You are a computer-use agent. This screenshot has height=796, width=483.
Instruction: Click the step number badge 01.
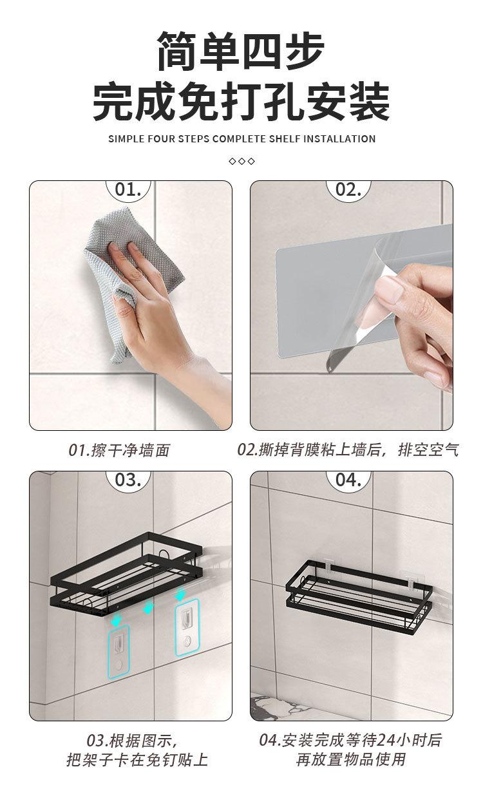tap(128, 189)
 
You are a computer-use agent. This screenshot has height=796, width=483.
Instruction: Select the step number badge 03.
tap(128, 480)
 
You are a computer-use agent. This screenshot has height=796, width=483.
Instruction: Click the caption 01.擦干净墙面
tap(119, 450)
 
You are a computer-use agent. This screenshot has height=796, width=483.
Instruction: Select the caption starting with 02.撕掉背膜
tap(348, 450)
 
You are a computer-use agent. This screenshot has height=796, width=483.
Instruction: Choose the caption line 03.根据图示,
tap(131, 740)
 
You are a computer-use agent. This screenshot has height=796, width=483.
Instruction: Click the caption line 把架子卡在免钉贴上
tap(137, 760)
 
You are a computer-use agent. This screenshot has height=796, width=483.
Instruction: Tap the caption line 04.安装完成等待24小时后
tap(350, 740)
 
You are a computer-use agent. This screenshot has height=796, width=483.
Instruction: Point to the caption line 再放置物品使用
tap(351, 760)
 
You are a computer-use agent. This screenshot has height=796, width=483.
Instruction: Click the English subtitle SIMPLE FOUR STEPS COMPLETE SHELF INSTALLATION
tap(241, 138)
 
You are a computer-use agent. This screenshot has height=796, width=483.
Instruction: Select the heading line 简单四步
tap(241, 52)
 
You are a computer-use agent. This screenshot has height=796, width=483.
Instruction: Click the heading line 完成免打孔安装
tap(241, 102)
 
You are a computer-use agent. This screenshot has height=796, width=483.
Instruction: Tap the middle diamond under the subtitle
tap(241, 160)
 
